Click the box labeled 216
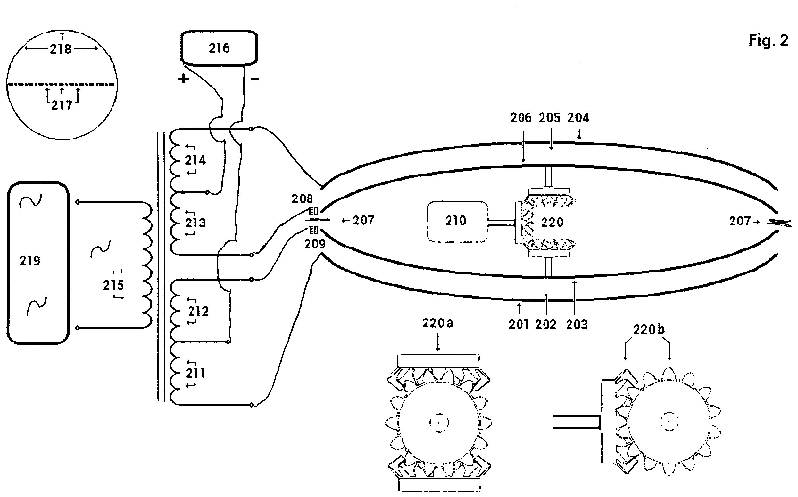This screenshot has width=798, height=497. pos(219,48)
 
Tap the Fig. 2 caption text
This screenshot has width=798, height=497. pos(768,41)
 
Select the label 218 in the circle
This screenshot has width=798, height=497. pos(61,49)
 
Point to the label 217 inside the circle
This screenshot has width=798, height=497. pos(62,105)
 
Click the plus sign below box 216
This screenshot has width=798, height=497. pos(184,79)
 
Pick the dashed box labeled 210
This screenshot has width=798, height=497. pos(457,221)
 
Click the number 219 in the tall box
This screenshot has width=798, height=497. pos(29,261)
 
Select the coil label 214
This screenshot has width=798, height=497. pos(195,160)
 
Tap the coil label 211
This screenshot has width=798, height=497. pos(196,373)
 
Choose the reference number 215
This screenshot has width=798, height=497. pos(113,285)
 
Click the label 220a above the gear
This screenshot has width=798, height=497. pos(437,324)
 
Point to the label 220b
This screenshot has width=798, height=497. pos(649,330)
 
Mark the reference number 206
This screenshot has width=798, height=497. pos(520,118)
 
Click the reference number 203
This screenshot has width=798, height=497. pos(577,325)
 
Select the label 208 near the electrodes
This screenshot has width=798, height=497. pos(302,199)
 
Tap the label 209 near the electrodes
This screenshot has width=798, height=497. pos(315,244)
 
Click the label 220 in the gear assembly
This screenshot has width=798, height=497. pos(552,223)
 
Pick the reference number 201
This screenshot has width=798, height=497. pos(519,325)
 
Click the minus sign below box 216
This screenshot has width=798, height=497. pos(254,79)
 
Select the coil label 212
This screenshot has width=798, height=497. pos(198,311)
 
